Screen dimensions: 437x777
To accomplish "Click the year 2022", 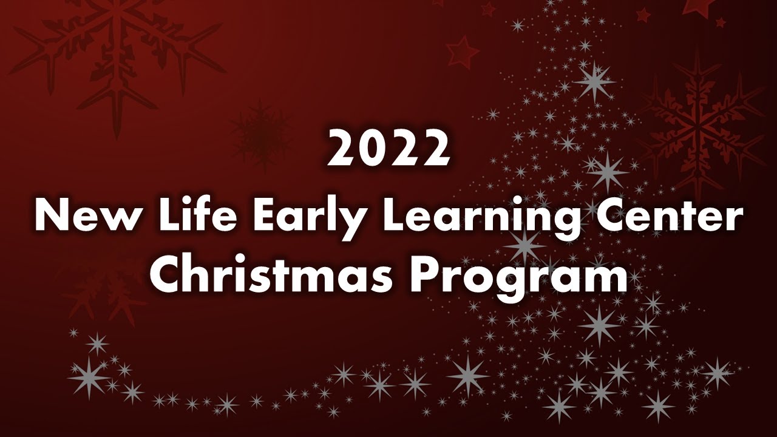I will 388,150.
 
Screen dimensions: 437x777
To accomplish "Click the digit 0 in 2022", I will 372,150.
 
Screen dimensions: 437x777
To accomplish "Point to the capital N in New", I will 49,215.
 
